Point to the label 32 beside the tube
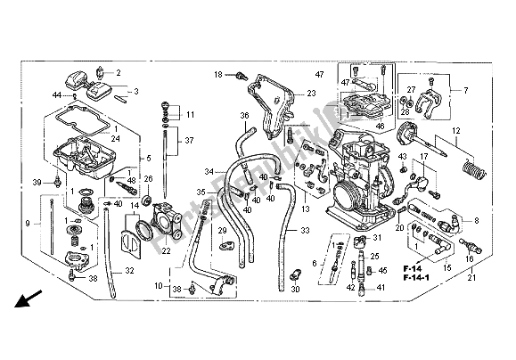click(129, 271)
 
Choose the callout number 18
click(217, 75)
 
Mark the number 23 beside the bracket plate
click(312, 94)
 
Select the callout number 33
click(305, 231)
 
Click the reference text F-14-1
click(436, 279)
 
